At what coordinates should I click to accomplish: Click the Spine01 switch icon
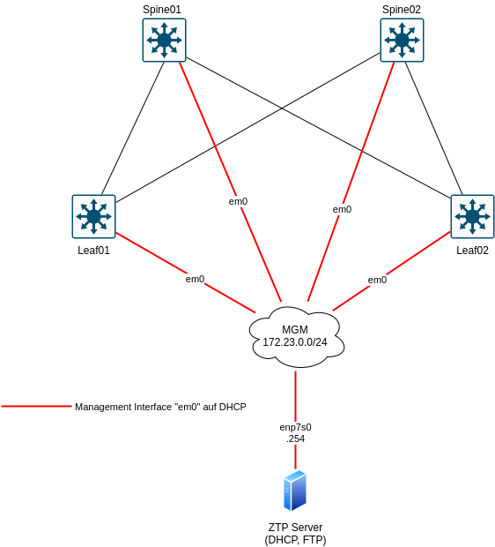[x=164, y=41]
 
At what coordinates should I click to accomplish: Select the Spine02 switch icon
[x=402, y=41]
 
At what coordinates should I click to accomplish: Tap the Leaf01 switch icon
[x=93, y=216]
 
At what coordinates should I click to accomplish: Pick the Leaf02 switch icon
[x=472, y=216]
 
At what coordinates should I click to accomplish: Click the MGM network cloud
[x=295, y=336]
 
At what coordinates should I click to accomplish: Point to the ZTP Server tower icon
[x=295, y=491]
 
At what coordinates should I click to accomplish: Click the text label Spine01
[x=162, y=10]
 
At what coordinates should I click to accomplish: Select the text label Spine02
[x=401, y=10]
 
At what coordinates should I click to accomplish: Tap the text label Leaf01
[x=93, y=251]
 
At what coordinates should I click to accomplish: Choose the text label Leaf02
[x=472, y=251]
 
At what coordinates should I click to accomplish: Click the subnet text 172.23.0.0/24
[x=295, y=342]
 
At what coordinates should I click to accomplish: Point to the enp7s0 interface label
[x=295, y=427]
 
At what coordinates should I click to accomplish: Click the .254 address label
[x=295, y=438]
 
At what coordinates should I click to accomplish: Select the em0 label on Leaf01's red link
[x=195, y=279]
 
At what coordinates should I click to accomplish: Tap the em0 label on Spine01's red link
[x=238, y=201]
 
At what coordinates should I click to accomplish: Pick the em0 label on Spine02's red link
[x=342, y=209]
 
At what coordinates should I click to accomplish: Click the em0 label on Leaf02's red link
[x=377, y=280]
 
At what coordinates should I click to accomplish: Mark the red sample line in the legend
[x=36, y=407]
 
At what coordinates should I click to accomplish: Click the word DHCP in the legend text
[x=232, y=407]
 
